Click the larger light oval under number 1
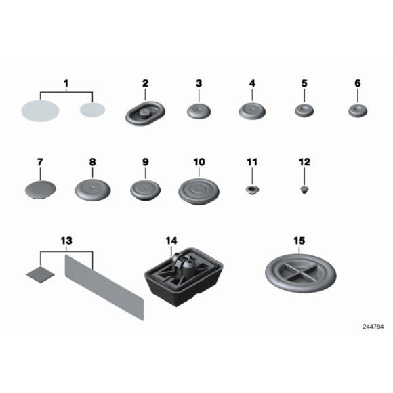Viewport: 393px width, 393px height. click(40, 110)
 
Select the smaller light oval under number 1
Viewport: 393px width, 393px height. click(92, 110)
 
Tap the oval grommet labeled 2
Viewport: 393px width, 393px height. click(145, 113)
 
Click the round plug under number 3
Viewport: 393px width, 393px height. click(199, 111)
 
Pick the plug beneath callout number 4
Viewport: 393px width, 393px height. click(252, 110)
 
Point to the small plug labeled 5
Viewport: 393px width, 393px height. click(304, 110)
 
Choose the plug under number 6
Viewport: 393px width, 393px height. click(358, 110)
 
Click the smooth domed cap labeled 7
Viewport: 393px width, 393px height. click(41, 190)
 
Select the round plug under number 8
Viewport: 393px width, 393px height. click(92, 190)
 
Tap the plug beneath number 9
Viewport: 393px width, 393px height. click(146, 190)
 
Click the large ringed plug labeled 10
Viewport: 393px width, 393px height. click(199, 191)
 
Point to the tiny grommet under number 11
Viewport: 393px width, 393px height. click(252, 190)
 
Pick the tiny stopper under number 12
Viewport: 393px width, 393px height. click(304, 190)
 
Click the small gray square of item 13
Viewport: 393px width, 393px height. click(41, 274)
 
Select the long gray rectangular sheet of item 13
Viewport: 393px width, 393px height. click(104, 288)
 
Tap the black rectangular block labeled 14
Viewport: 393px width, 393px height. click(184, 277)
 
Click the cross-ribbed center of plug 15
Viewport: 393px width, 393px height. click(301, 272)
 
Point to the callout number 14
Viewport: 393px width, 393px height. click(171, 241)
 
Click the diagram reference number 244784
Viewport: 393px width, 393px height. click(373, 327)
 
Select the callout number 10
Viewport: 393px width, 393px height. click(199, 162)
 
